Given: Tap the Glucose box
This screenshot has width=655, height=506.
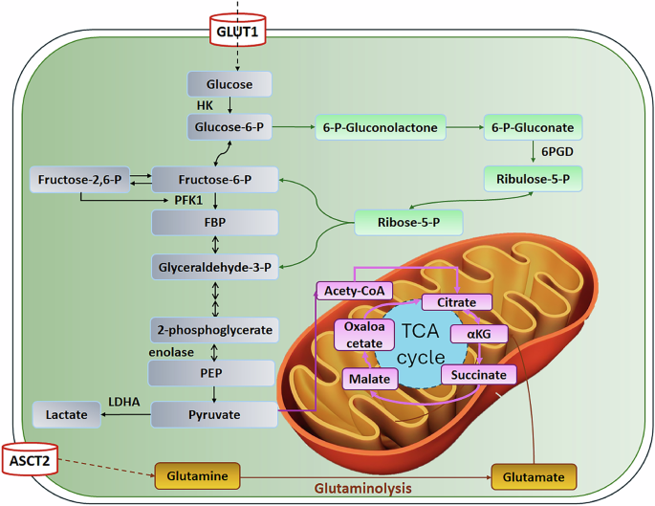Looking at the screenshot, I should point(229,84).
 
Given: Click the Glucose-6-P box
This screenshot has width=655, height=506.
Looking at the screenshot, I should point(229,126).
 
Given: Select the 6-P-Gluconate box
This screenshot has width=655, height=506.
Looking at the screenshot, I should point(533,126).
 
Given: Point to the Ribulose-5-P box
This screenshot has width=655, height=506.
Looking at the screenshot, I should point(533,178).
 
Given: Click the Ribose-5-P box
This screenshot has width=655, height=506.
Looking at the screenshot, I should point(408,223).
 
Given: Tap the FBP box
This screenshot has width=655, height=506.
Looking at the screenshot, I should point(215,223).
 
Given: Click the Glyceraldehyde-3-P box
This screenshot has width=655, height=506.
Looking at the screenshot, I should point(215,267).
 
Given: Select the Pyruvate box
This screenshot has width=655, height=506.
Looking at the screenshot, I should point(215,414).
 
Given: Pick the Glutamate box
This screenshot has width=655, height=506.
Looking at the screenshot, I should point(535,474).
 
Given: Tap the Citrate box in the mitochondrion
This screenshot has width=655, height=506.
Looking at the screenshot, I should point(457,302).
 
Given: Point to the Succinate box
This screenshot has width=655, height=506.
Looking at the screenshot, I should point(479,374).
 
